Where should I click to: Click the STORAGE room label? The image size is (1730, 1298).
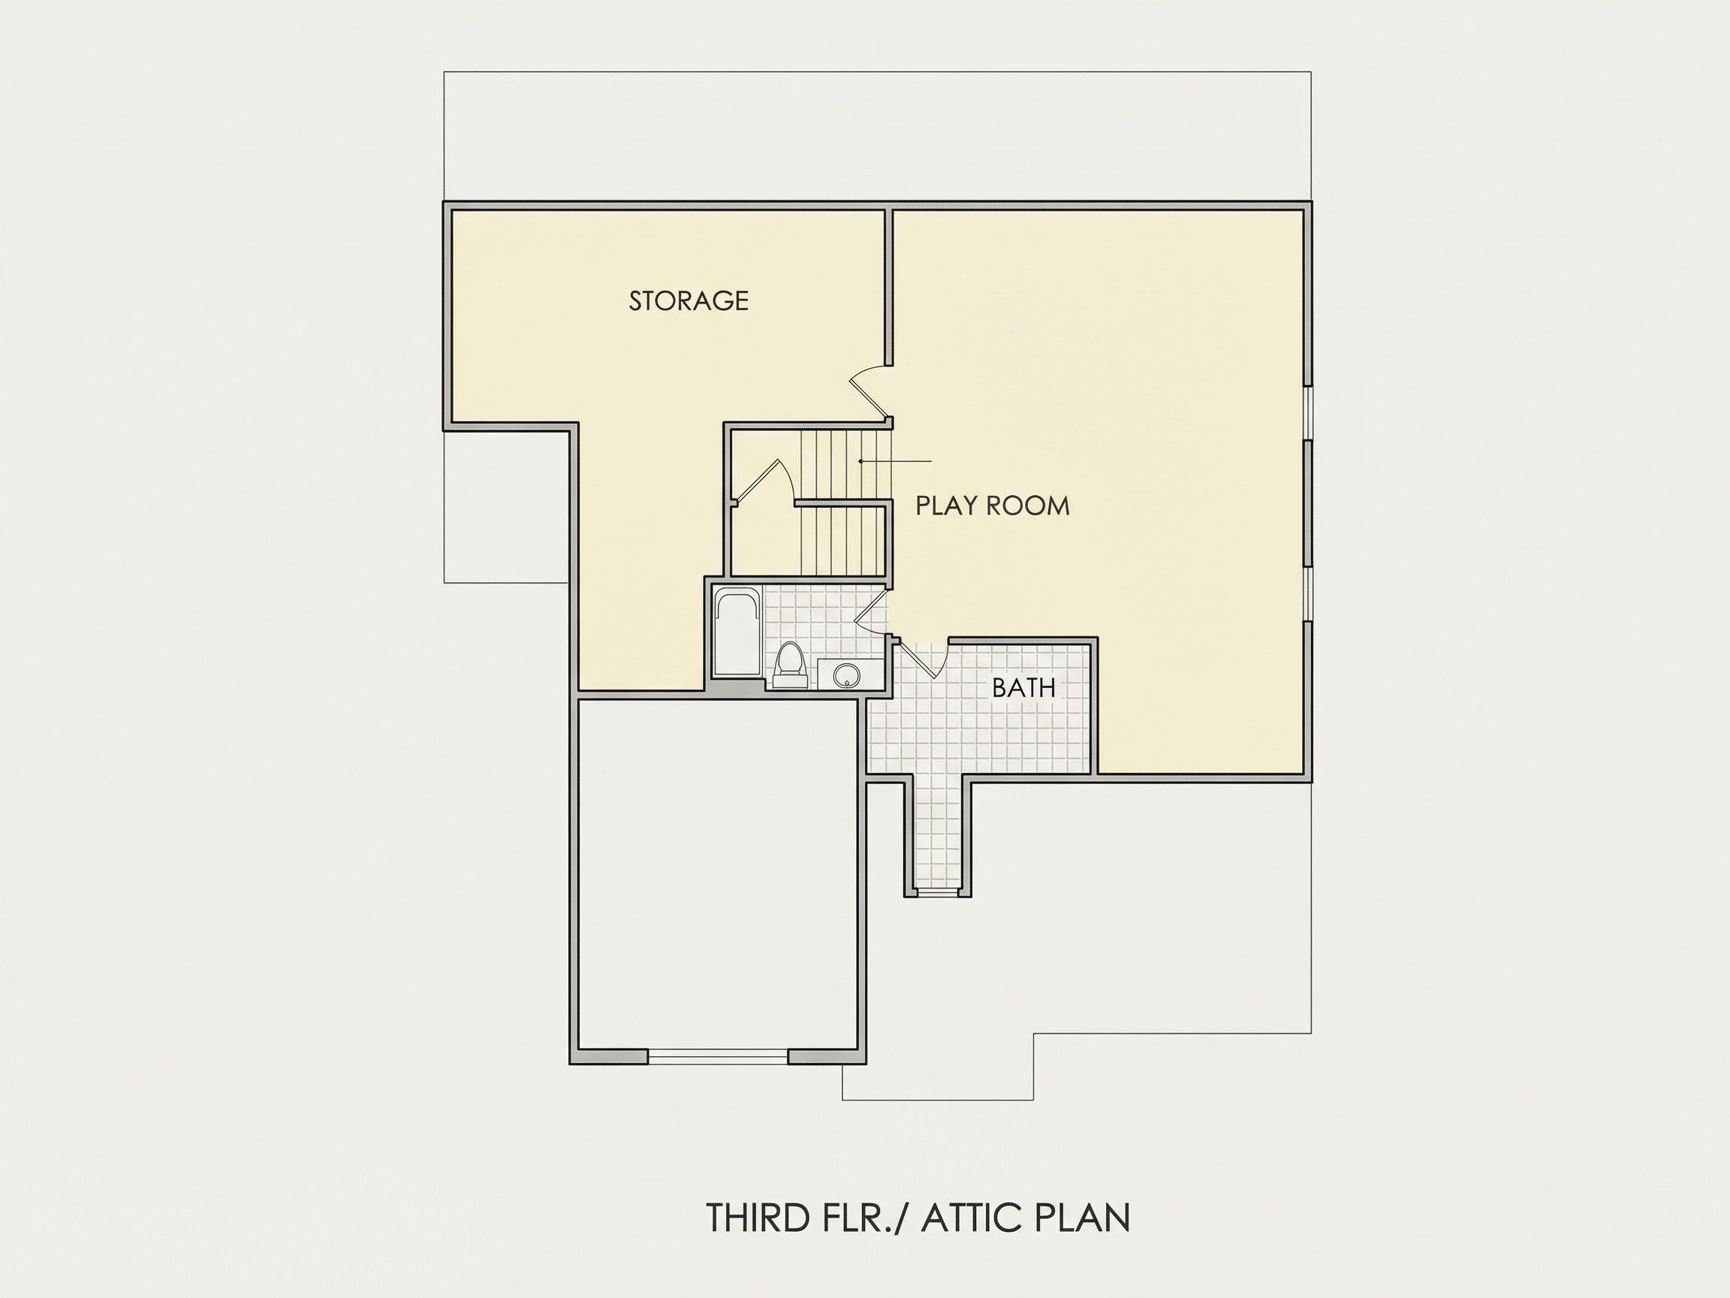click(689, 300)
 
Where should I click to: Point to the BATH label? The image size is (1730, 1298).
click(1023, 688)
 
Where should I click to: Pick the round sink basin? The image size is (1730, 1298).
click(845, 675)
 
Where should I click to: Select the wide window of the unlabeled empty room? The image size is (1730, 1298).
click(718, 1056)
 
